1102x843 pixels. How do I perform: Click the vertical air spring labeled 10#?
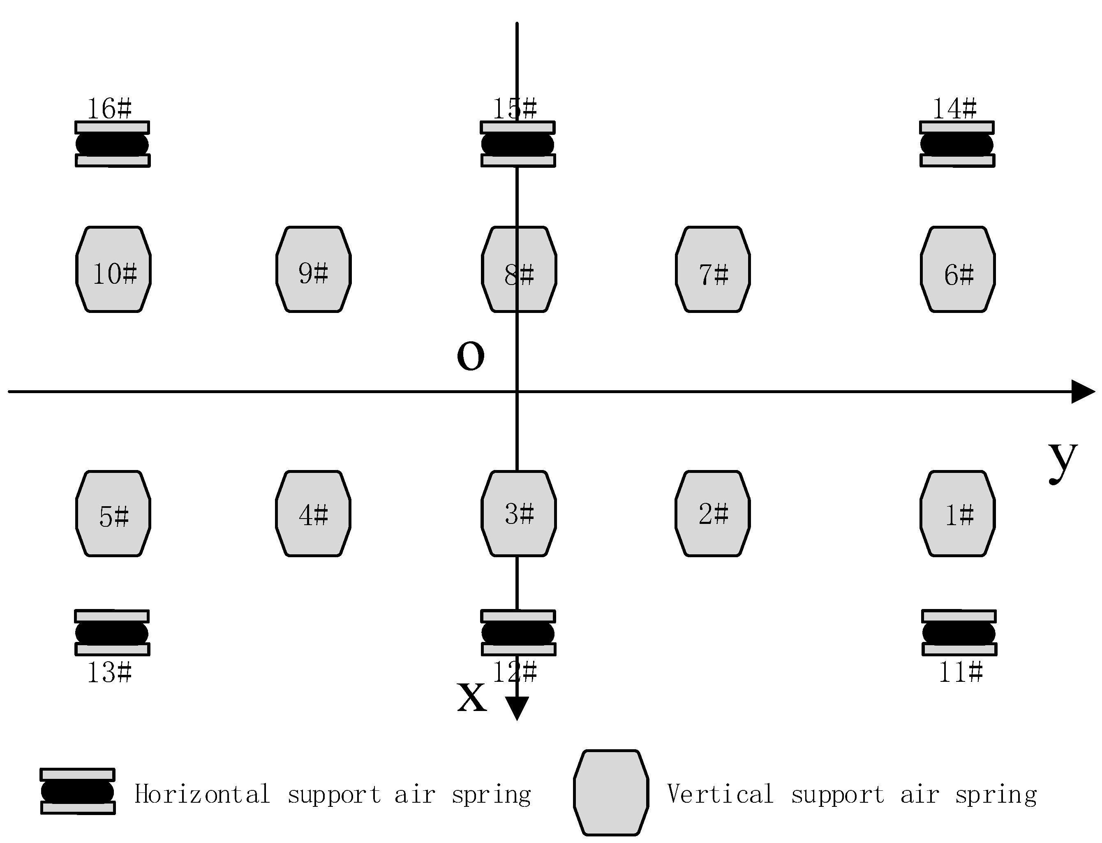pos(113,269)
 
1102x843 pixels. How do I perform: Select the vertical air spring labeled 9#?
pos(314,269)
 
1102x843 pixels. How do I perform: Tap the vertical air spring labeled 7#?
pos(713,269)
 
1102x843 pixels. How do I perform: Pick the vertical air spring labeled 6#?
pos(958,269)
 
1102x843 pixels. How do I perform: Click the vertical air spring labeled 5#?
pos(113,513)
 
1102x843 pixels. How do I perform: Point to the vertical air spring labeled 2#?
pos(713,513)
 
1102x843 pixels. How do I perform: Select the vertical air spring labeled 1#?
pos(958,513)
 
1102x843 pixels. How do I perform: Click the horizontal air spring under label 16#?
pos(112,144)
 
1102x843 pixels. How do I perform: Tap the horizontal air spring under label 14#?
pos(957,144)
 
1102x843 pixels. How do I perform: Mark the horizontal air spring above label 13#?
pos(112,633)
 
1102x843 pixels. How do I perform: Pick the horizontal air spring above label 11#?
pos(959,633)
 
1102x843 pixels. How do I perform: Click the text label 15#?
pos(515,109)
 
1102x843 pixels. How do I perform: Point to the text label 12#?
pos(515,672)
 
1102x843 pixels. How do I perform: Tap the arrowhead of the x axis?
pos(517,708)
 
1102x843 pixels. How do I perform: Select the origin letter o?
pos(471,355)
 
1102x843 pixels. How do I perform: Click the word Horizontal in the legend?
pos(202,794)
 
